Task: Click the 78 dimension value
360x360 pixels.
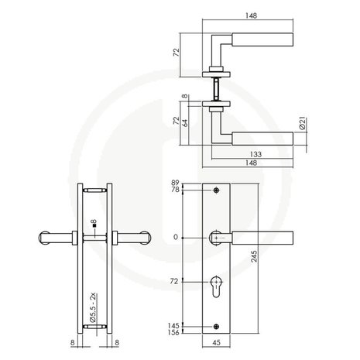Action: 175,190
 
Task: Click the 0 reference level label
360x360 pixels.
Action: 177,237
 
